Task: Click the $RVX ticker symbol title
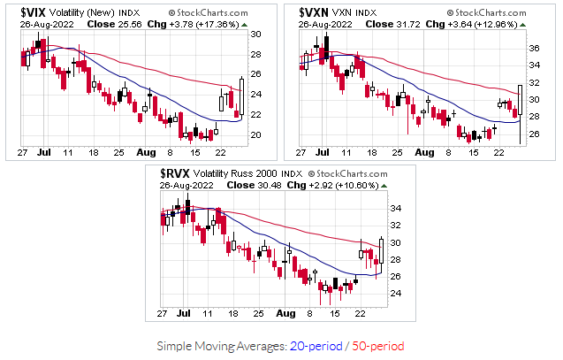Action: click(x=176, y=173)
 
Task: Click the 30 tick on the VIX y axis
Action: click(x=255, y=34)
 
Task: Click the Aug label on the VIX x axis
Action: click(x=147, y=152)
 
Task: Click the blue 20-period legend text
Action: click(x=313, y=344)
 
